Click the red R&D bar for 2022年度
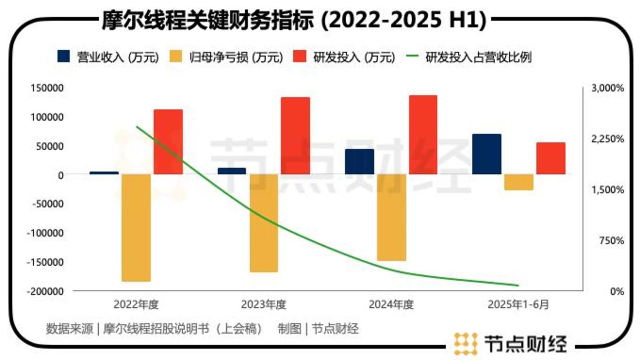168,142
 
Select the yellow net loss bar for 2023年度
264,223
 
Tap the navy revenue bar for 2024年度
359,161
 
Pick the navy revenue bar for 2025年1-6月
487,154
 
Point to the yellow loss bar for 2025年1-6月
519,182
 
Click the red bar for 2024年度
423,134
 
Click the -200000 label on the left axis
46,291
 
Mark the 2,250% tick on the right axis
608,139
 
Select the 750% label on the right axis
611,240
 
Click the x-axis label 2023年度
264,305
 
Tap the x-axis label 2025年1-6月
518,305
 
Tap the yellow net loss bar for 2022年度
136,227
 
